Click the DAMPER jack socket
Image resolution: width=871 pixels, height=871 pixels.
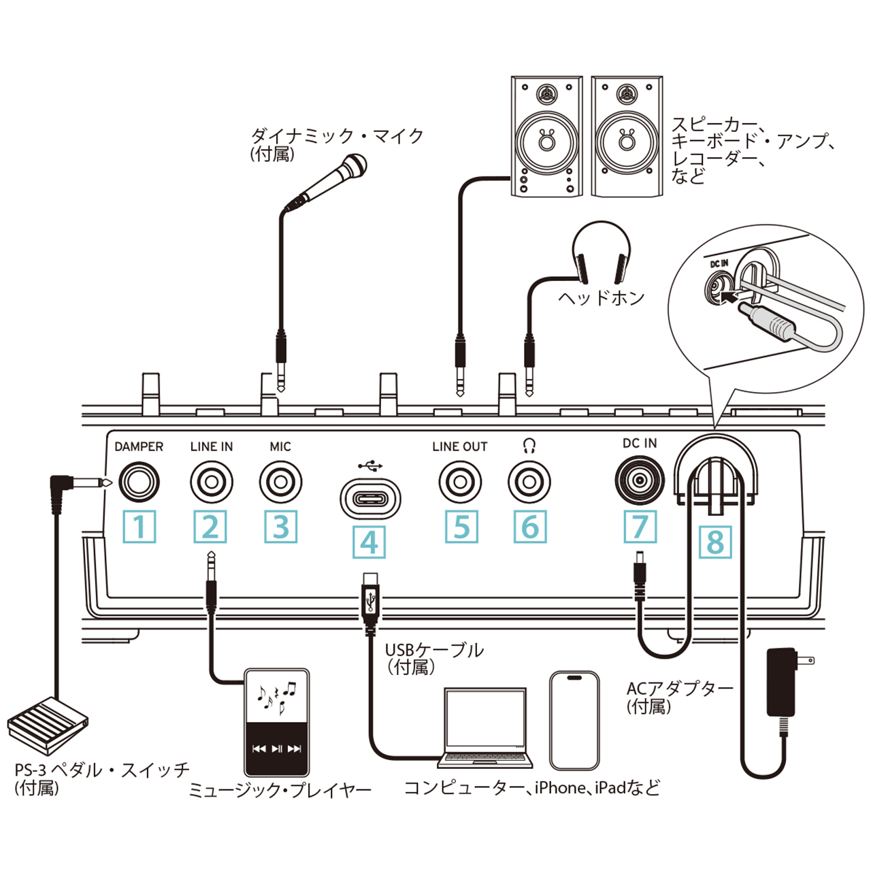pos(139,482)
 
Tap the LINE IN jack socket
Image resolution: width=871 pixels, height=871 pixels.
pos(211,482)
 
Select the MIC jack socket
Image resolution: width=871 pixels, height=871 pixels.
pos(280,482)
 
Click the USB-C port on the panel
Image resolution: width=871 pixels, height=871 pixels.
pos(369,497)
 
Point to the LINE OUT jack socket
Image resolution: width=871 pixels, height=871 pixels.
pos(460,482)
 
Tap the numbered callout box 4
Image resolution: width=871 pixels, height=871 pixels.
pos(369,542)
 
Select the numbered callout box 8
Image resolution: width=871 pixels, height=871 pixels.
pos(715,542)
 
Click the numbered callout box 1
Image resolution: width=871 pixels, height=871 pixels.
pos(139,527)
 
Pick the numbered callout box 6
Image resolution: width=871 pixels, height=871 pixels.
pos(530,527)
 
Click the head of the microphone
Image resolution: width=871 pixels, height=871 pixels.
pos(354,165)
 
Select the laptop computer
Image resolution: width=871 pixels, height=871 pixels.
pos(485,728)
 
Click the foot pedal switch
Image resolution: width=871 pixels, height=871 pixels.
pos(48,723)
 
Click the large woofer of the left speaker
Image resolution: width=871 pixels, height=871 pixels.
pos(546,142)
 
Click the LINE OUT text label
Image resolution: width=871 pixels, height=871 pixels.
pos(460,447)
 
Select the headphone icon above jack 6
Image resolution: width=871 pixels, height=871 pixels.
pos(529,446)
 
